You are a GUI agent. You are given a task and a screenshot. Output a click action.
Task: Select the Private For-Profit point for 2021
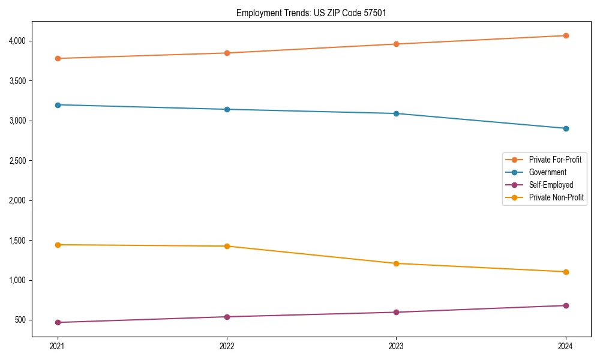click(x=58, y=58)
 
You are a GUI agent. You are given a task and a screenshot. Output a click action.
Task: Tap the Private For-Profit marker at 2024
click(x=566, y=35)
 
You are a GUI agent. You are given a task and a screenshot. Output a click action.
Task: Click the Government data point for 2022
click(x=227, y=109)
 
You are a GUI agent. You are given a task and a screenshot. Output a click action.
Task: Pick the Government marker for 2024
click(x=566, y=128)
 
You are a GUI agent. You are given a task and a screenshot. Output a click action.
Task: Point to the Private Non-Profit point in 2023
click(x=396, y=263)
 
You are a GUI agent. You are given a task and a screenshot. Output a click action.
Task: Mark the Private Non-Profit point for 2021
click(x=58, y=245)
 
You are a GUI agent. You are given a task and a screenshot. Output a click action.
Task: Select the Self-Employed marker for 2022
click(x=227, y=317)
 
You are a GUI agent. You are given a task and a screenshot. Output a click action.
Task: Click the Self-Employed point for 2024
click(x=566, y=305)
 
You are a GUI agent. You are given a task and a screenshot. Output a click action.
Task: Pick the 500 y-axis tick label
click(x=20, y=320)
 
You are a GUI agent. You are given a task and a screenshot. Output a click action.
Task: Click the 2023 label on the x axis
click(x=396, y=346)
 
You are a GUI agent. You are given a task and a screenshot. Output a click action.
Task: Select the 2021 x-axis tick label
click(x=58, y=346)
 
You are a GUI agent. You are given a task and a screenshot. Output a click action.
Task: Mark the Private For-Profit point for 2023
click(x=396, y=44)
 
